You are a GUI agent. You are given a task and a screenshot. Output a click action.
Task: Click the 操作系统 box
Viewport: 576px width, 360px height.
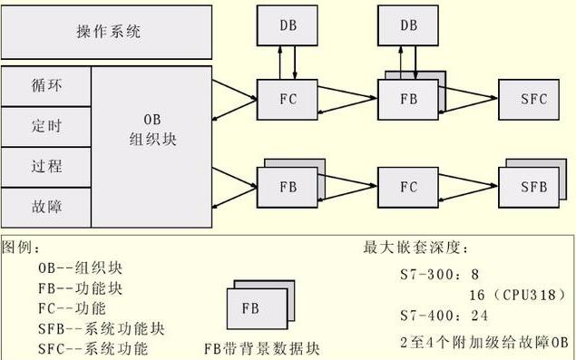tap(108, 32)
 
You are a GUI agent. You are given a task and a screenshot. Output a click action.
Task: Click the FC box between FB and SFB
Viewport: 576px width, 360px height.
tap(408, 187)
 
